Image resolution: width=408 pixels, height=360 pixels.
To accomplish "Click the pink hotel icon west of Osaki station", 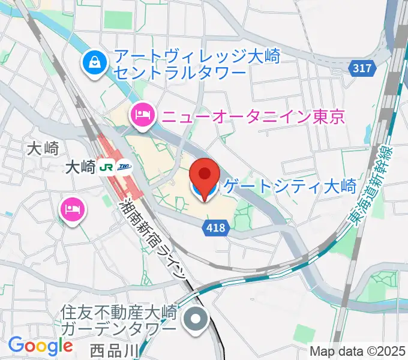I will tap(73, 209).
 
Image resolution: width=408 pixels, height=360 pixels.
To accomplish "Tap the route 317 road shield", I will tap(362, 68).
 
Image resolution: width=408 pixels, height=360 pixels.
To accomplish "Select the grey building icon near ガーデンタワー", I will tap(196, 318).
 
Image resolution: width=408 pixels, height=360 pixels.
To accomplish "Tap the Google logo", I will tap(40, 346).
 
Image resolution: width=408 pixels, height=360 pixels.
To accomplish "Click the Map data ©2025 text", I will tap(358, 350).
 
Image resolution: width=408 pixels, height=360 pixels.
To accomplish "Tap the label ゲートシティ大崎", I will tap(290, 187).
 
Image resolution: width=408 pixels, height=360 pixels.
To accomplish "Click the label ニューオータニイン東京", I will tap(251, 114).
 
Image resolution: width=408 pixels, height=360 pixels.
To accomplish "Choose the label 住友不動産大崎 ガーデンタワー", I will tap(121, 320).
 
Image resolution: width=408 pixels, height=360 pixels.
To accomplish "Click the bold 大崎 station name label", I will tap(80, 168).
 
